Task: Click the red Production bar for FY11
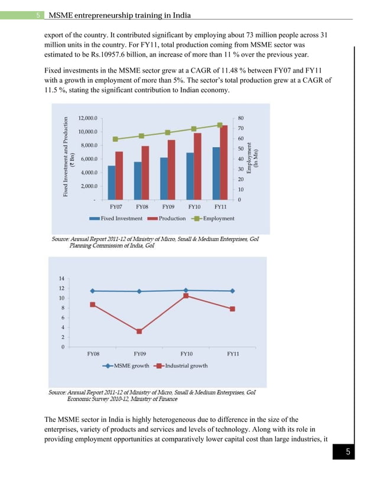point(223,162)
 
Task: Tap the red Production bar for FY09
point(171,170)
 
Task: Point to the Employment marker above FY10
point(194,129)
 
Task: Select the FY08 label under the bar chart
point(142,207)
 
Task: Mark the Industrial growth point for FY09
point(139,331)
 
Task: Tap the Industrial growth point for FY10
point(186,295)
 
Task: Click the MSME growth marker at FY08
point(93,291)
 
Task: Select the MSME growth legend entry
point(126,366)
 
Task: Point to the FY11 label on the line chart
point(233,354)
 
